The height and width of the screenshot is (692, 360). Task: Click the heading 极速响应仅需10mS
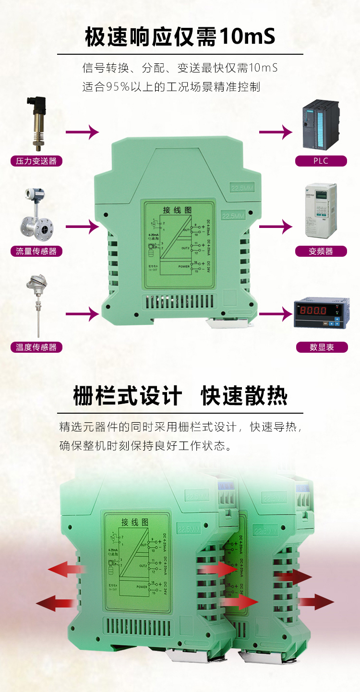point(180,37)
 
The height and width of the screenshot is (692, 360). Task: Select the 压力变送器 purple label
point(36,161)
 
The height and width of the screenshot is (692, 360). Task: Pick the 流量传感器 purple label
point(36,251)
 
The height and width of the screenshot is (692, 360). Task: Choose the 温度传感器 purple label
point(36,347)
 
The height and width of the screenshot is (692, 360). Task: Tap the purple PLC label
point(321,161)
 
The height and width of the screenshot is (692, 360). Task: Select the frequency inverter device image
point(321,210)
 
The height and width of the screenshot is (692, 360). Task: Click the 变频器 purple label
point(321,251)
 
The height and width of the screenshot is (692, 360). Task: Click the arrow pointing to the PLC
point(276,131)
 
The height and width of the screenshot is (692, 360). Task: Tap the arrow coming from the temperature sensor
point(82,314)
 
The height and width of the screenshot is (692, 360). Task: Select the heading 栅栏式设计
point(128,397)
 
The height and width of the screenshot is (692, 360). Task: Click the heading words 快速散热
point(244,397)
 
